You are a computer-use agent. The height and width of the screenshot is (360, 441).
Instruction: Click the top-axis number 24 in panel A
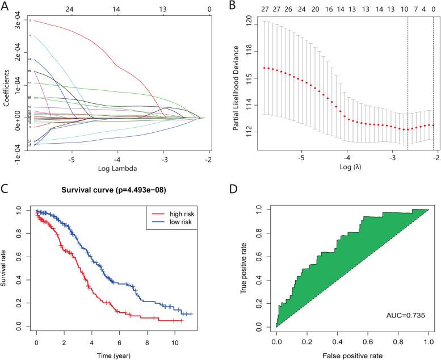69,9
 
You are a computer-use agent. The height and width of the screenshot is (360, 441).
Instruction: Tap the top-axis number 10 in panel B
404,9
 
